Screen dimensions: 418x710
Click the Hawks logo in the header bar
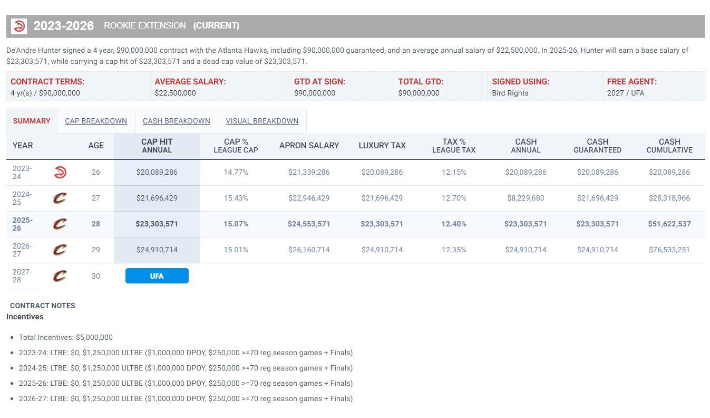[19, 26]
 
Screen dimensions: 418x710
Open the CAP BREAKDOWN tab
[96, 121]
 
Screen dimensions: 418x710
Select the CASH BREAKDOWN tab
[176, 121]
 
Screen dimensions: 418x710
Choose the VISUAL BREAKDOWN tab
[262, 121]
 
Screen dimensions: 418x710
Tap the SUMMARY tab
[32, 121]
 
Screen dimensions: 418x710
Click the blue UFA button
[157, 276]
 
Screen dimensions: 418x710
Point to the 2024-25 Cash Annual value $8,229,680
[526, 198]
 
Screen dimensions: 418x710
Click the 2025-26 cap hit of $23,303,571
[157, 224]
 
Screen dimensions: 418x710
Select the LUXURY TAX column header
[382, 146]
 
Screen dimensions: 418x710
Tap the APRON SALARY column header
[309, 146]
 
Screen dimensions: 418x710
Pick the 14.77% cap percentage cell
[236, 172]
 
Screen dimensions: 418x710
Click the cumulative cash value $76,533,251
[669, 250]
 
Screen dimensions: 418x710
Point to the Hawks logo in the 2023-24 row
[60, 172]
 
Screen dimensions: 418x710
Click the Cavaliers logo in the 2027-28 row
[60, 276]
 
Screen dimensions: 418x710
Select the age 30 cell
[95, 276]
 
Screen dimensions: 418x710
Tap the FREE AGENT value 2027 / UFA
[625, 93]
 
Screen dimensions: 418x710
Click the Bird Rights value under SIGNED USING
[510, 93]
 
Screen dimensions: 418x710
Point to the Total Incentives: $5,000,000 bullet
[66, 337]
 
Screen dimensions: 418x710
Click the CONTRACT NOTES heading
[43, 306]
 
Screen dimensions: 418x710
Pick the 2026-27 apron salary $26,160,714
[309, 250]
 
